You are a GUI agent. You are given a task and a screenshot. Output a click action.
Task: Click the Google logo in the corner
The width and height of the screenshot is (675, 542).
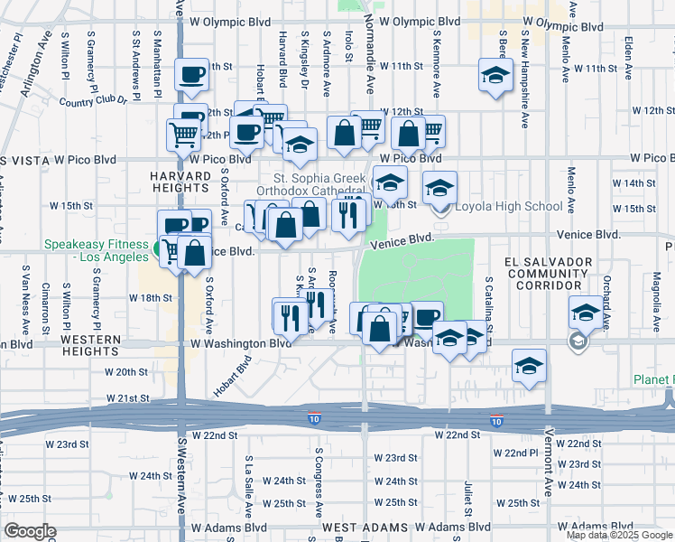pos(29,531)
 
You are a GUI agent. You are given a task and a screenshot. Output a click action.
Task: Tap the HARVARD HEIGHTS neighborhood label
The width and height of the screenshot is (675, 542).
pos(180,181)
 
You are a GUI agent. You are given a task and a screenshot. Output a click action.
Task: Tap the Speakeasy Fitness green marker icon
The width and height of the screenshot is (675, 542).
pos(159,249)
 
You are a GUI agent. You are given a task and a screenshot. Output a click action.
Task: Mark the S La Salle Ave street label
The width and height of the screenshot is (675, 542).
pos(248,479)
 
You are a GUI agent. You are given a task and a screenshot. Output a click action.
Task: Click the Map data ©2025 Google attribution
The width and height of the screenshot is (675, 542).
pos(619,535)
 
